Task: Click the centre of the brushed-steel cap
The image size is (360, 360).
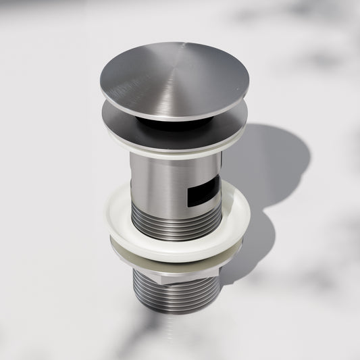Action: click(174, 80)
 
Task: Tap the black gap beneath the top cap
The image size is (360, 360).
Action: click(155, 120)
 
